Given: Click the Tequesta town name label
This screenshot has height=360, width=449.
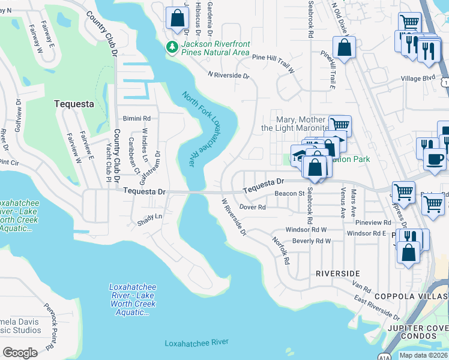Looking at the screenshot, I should pos(74,104).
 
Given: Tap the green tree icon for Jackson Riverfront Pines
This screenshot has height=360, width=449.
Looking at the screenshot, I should pos(173,46).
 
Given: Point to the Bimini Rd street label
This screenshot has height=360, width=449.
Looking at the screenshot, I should pos(136,119).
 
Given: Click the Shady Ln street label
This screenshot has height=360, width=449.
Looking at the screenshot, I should pos(150,216).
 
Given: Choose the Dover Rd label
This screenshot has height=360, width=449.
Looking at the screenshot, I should pos(252,207).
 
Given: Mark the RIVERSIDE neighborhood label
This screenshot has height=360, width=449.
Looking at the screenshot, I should pos(338,274).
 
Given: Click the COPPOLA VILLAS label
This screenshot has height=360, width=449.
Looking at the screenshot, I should pos(411,296).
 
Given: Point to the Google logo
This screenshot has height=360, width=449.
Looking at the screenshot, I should pos(20,352).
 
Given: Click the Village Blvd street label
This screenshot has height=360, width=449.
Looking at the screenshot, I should pos(418,79).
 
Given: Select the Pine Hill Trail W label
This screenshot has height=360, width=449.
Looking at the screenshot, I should pos(273,58).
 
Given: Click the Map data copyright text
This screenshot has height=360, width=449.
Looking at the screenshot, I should pos(423,355).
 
